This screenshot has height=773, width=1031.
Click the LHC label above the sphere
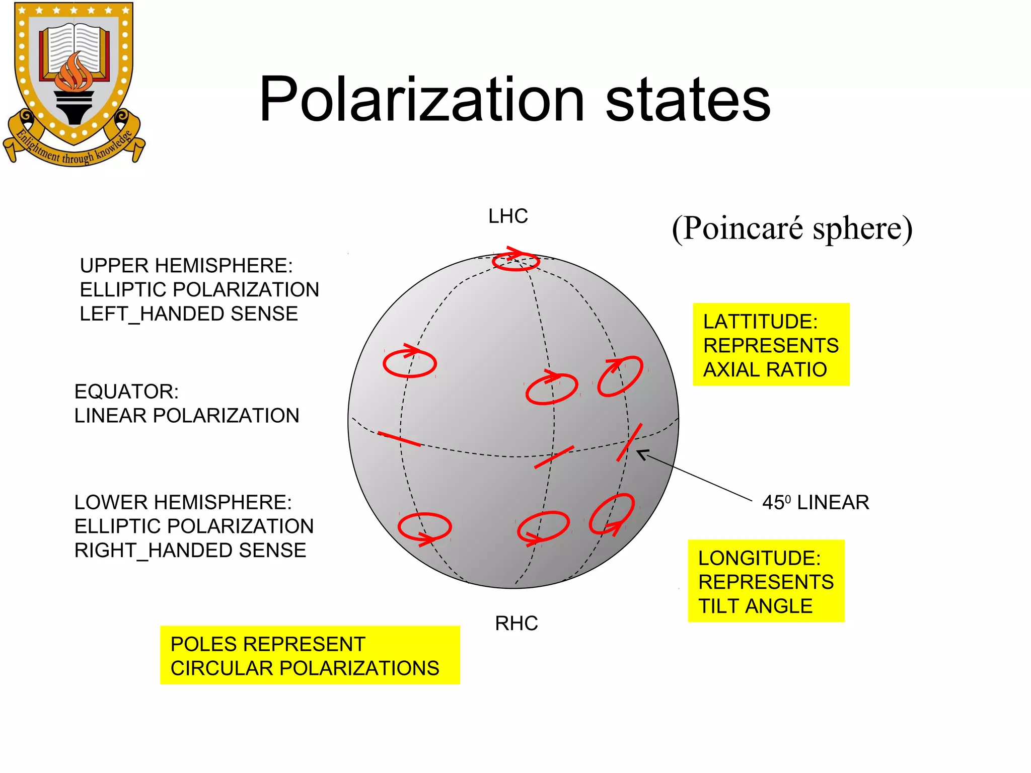(508, 216)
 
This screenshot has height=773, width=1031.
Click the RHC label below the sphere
(517, 624)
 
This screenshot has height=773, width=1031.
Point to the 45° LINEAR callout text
(816, 502)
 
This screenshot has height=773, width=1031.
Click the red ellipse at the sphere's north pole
(515, 262)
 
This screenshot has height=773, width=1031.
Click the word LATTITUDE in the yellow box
(760, 322)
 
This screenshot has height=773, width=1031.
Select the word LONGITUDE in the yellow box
(759, 558)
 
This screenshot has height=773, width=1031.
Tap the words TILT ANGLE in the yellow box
(755, 606)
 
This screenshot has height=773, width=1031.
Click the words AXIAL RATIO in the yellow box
(765, 370)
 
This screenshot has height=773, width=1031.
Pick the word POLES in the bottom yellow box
(197, 644)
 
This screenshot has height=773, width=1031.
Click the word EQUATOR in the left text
(126, 392)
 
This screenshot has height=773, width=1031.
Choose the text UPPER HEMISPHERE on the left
(186, 266)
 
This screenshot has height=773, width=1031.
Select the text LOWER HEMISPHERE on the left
(183, 502)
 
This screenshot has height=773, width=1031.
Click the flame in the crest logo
(74, 73)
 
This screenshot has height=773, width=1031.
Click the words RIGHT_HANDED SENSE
(190, 551)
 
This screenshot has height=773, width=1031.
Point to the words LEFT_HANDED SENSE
(189, 314)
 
